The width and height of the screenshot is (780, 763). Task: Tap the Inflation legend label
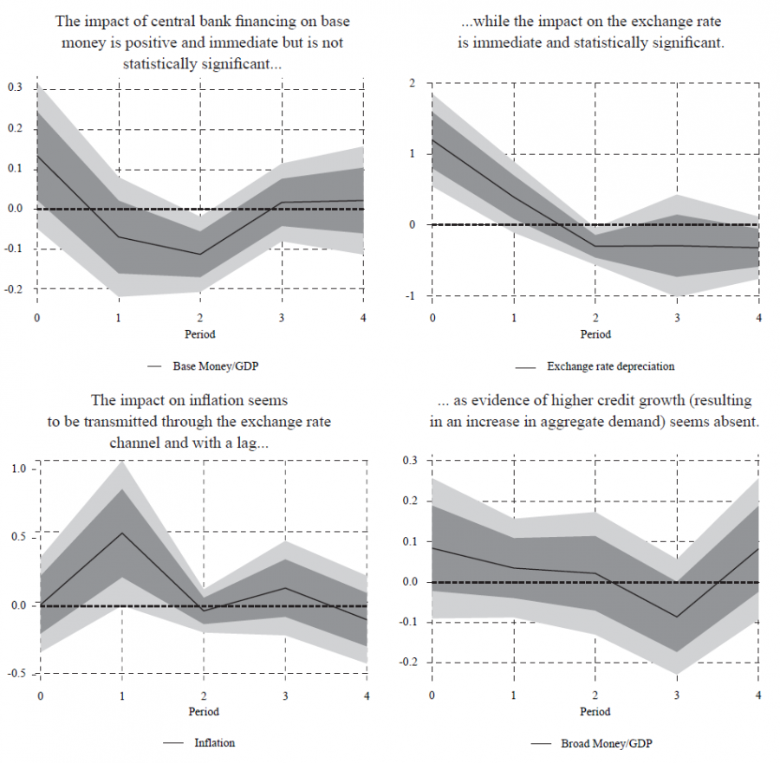pos(214,742)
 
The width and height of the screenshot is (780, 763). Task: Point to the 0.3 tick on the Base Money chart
pos(16,87)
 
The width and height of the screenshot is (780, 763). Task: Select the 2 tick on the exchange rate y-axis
pos(413,83)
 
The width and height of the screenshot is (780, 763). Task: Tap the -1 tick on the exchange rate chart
pos(411,296)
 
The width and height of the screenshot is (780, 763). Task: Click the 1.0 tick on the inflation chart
pos(20,469)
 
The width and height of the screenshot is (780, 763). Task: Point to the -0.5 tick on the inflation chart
pos(18,673)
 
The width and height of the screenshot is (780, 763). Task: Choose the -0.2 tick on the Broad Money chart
pos(410,663)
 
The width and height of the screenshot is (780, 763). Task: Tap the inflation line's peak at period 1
pos(121,533)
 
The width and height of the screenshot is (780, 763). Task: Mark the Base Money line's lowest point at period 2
pos(200,255)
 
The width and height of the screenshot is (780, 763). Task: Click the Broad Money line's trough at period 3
pos(677,618)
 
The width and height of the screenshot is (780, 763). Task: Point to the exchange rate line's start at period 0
pos(432,139)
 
